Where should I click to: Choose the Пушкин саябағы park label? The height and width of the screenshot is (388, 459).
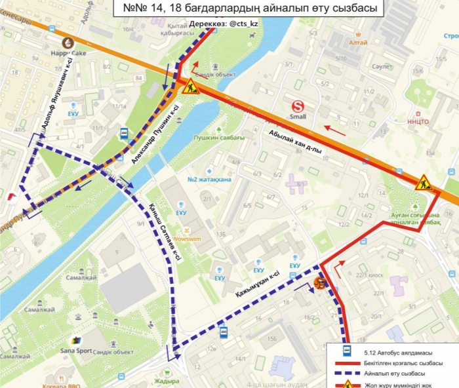(x=219, y=138)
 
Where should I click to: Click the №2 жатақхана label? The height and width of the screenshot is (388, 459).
(x=210, y=180)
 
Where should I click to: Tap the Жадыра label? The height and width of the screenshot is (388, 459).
(x=167, y=381)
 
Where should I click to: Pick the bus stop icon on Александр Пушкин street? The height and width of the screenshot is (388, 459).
(x=123, y=134)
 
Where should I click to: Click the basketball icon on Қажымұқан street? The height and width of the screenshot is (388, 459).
(x=319, y=284)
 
